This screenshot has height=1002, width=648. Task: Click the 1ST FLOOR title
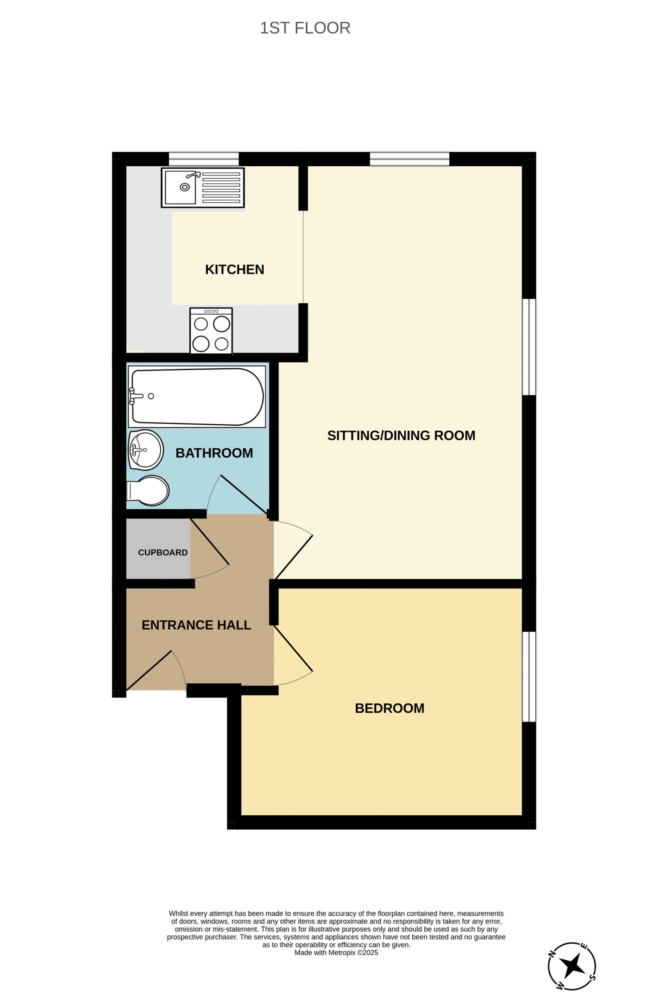(x=305, y=28)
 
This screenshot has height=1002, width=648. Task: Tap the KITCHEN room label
(x=234, y=269)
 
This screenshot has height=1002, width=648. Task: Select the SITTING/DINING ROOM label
(x=401, y=435)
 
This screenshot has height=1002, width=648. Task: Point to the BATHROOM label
(x=214, y=453)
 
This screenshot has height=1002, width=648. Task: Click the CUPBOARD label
(x=163, y=552)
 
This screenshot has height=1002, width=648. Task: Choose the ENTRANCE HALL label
(x=196, y=625)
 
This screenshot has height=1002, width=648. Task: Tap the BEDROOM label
(x=390, y=708)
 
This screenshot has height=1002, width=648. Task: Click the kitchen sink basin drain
(x=185, y=187)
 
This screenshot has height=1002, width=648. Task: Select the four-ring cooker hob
(x=211, y=330)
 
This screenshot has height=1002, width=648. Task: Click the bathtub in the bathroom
(x=197, y=396)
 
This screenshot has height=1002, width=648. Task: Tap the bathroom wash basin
(x=145, y=450)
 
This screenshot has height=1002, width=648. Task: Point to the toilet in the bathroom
(x=148, y=490)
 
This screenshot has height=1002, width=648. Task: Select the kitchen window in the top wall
(x=204, y=159)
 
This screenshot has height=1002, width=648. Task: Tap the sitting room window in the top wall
(x=409, y=159)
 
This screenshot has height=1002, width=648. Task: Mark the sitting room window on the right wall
(x=529, y=347)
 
